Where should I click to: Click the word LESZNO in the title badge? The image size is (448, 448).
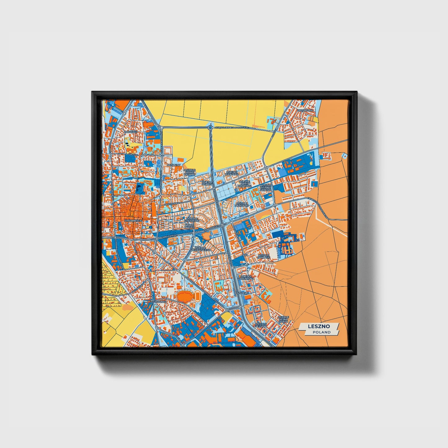tap(319, 326)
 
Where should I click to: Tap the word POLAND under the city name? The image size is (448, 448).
tap(322, 332)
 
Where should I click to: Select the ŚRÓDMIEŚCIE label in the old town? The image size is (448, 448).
tap(133, 220)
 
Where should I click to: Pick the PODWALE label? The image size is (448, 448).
tap(131, 132)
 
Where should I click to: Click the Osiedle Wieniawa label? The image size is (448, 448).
tap(232, 173)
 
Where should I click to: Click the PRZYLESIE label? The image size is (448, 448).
tap(242, 292)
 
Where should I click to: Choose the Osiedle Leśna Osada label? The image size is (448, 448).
tap(283, 319)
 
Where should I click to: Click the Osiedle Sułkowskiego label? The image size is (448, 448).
tap(202, 249)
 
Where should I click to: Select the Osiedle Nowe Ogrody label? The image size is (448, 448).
tap(190, 172)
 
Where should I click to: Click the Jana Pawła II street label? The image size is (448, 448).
tap(169, 236)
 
